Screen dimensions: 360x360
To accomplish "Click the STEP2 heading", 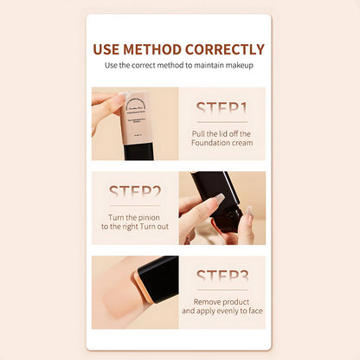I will [x=134, y=192].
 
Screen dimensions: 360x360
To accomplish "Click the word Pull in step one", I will [x=202, y=133].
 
